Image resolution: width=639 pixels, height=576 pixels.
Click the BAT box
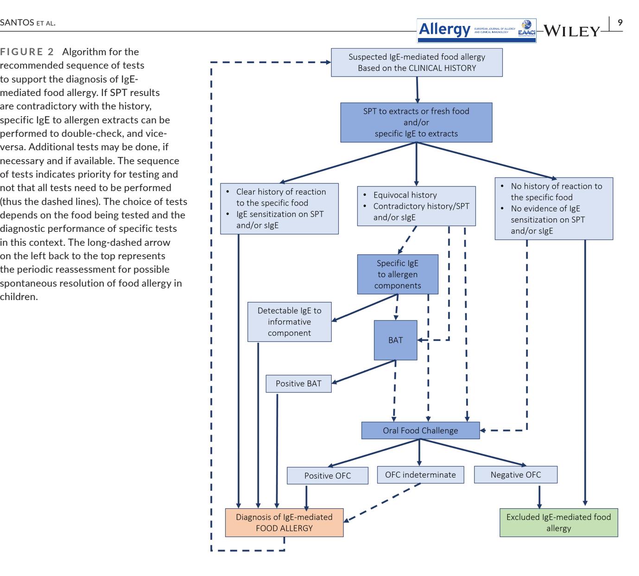coord(395,340)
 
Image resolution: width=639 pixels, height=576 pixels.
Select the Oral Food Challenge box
coord(420,430)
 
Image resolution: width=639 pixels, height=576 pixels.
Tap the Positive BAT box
coord(298,384)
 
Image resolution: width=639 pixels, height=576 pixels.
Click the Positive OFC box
coord(328,475)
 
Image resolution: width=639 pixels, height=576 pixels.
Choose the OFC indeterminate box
coord(420,474)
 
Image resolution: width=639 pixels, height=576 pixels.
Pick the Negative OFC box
coord(516,474)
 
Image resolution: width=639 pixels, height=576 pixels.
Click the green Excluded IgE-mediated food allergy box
coord(559,522)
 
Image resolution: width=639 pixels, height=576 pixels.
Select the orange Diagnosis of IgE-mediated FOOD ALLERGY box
coord(284,522)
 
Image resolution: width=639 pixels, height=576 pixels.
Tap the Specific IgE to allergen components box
coord(398,274)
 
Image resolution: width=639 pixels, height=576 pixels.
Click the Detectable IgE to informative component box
coord(289,322)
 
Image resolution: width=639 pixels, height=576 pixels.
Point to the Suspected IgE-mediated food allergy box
coord(417,63)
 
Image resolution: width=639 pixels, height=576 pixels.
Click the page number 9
coord(620,22)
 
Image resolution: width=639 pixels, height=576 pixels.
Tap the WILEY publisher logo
coord(572,31)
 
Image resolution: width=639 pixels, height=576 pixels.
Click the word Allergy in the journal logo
coord(444,29)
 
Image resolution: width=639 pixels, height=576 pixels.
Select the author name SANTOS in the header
coord(17,23)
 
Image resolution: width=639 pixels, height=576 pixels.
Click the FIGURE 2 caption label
coord(27,51)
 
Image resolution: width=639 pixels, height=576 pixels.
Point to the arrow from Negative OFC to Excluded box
coord(539,497)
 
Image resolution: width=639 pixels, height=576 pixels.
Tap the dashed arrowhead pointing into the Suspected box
coord(328,62)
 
